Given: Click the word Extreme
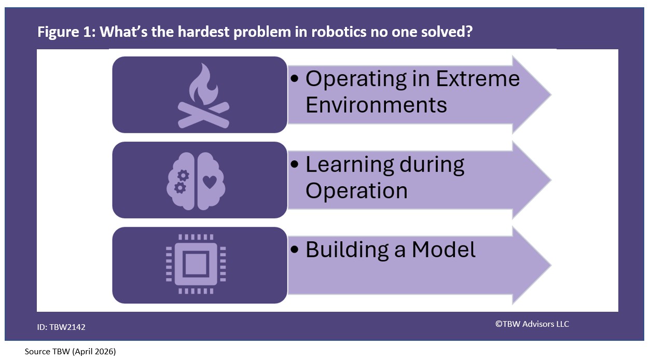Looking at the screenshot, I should coord(477,79).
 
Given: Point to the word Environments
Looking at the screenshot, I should coord(376,105).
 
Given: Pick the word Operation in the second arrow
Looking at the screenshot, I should coord(356,190).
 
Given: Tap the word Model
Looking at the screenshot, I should coord(444,250).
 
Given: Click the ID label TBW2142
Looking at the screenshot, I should coord(61,327).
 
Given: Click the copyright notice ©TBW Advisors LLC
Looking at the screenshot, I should coord(532,324).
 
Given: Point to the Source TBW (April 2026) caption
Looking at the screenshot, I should coord(70,352).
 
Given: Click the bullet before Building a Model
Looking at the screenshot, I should coord(295,250).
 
